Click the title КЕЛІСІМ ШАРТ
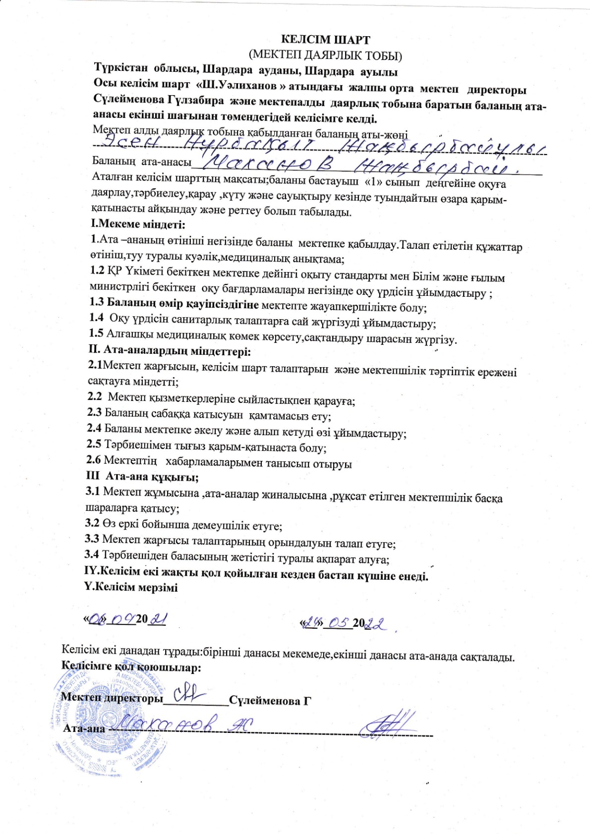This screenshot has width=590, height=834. pyautogui.click(x=326, y=40)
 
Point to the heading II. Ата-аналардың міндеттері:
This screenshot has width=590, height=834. pyautogui.click(x=170, y=352)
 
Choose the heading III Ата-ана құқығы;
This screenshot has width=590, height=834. pyautogui.click(x=143, y=477)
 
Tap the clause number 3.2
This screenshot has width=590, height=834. pyautogui.click(x=92, y=523)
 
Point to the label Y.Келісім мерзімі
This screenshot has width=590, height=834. pyautogui.click(x=131, y=588)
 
